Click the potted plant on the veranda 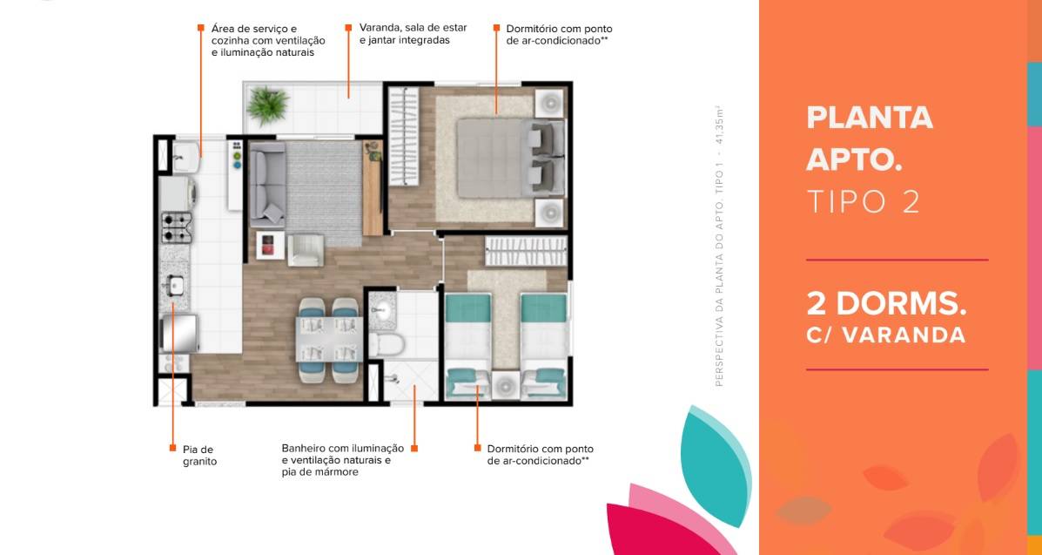pyautogui.click(x=268, y=105)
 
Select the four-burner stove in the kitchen pyautogui.click(x=176, y=227)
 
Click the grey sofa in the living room pyautogui.click(x=268, y=185)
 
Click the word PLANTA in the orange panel pyautogui.click(x=870, y=118)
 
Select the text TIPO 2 pyautogui.click(x=864, y=201)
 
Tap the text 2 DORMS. pyautogui.click(x=886, y=303)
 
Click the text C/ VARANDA pyautogui.click(x=886, y=335)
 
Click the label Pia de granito pyautogui.click(x=199, y=455)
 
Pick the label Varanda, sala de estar pyautogui.click(x=413, y=28)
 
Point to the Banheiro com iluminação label pyautogui.click(x=342, y=449)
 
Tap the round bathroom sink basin pyautogui.click(x=382, y=308)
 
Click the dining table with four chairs pyautogui.click(x=329, y=340)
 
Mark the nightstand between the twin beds pyautogui.click(x=505, y=385)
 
